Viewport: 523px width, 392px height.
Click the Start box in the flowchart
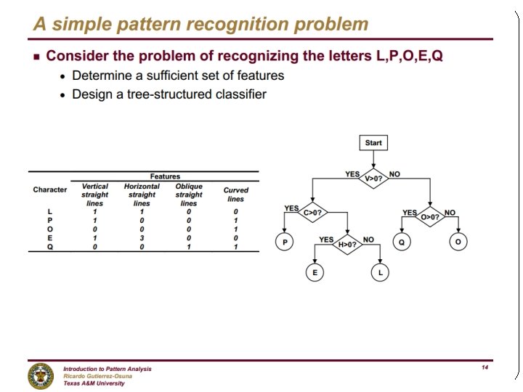click(373, 142)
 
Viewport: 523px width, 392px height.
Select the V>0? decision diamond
click(373, 178)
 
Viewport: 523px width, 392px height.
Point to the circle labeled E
click(315, 272)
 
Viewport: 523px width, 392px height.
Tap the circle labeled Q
click(401, 242)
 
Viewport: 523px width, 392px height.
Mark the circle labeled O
click(457, 242)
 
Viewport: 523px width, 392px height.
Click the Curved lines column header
click(236, 195)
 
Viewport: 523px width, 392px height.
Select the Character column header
click(49, 189)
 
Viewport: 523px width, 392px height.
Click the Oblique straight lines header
click(189, 195)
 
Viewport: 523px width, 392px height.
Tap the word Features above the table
click(165, 176)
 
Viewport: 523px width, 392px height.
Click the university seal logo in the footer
click(41, 375)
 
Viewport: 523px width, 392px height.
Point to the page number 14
click(485, 368)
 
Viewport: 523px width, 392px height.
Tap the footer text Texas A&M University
click(94, 383)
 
